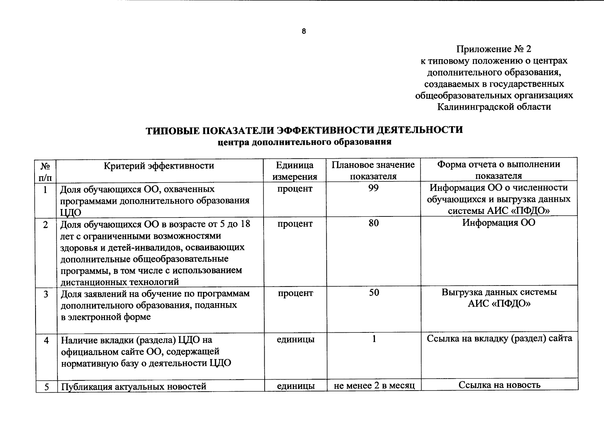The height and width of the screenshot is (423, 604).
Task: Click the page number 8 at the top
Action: (x=304, y=31)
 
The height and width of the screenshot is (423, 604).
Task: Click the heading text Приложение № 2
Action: (x=494, y=49)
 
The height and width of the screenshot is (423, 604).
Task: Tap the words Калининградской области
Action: (x=494, y=106)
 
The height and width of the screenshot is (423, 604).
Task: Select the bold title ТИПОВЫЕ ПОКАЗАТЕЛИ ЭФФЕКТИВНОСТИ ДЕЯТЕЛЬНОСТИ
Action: (x=304, y=130)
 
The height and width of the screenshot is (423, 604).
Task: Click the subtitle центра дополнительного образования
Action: (x=304, y=142)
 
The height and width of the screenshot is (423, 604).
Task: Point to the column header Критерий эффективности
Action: (x=159, y=166)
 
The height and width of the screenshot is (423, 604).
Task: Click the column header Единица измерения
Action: (x=295, y=171)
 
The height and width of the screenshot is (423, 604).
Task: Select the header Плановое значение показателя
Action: (x=373, y=170)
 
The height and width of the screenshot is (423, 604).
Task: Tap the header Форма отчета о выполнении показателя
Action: (x=498, y=170)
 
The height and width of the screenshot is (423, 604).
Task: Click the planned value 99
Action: (x=373, y=188)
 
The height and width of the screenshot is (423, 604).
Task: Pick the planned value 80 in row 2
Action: (x=374, y=223)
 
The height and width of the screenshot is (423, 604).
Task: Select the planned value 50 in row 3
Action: (x=374, y=292)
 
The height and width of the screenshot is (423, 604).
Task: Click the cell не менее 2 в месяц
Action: (x=374, y=386)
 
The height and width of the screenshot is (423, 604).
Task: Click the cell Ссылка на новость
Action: (x=499, y=385)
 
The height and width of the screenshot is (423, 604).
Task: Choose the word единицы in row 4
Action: (x=295, y=339)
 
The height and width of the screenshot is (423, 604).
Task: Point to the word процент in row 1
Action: (x=295, y=189)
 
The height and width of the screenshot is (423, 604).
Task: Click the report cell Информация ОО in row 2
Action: (x=499, y=223)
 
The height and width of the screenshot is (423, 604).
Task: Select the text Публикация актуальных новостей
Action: (x=134, y=387)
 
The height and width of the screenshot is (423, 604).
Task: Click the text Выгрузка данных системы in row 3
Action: (x=499, y=292)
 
